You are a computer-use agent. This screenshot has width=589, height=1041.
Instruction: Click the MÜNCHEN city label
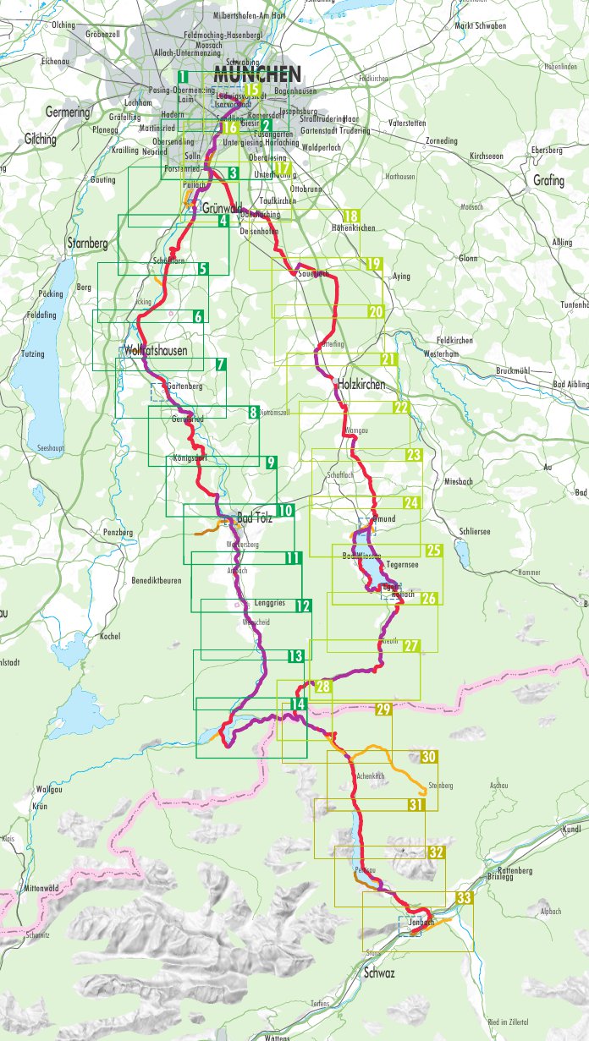tap(257, 73)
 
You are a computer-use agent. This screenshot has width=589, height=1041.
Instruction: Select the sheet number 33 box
tap(464, 898)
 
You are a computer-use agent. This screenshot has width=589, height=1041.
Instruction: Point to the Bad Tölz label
tap(258, 517)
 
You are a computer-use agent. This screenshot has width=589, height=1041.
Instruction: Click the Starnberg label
tap(87, 244)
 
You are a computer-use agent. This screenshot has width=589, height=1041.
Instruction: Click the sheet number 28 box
tap(322, 687)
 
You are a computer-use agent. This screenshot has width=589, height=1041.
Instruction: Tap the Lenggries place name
tap(269, 604)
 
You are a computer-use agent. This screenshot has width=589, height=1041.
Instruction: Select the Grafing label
tap(548, 180)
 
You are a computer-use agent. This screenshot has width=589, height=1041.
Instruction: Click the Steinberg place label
tap(441, 786)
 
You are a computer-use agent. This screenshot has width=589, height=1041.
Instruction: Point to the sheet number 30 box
tap(429, 756)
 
